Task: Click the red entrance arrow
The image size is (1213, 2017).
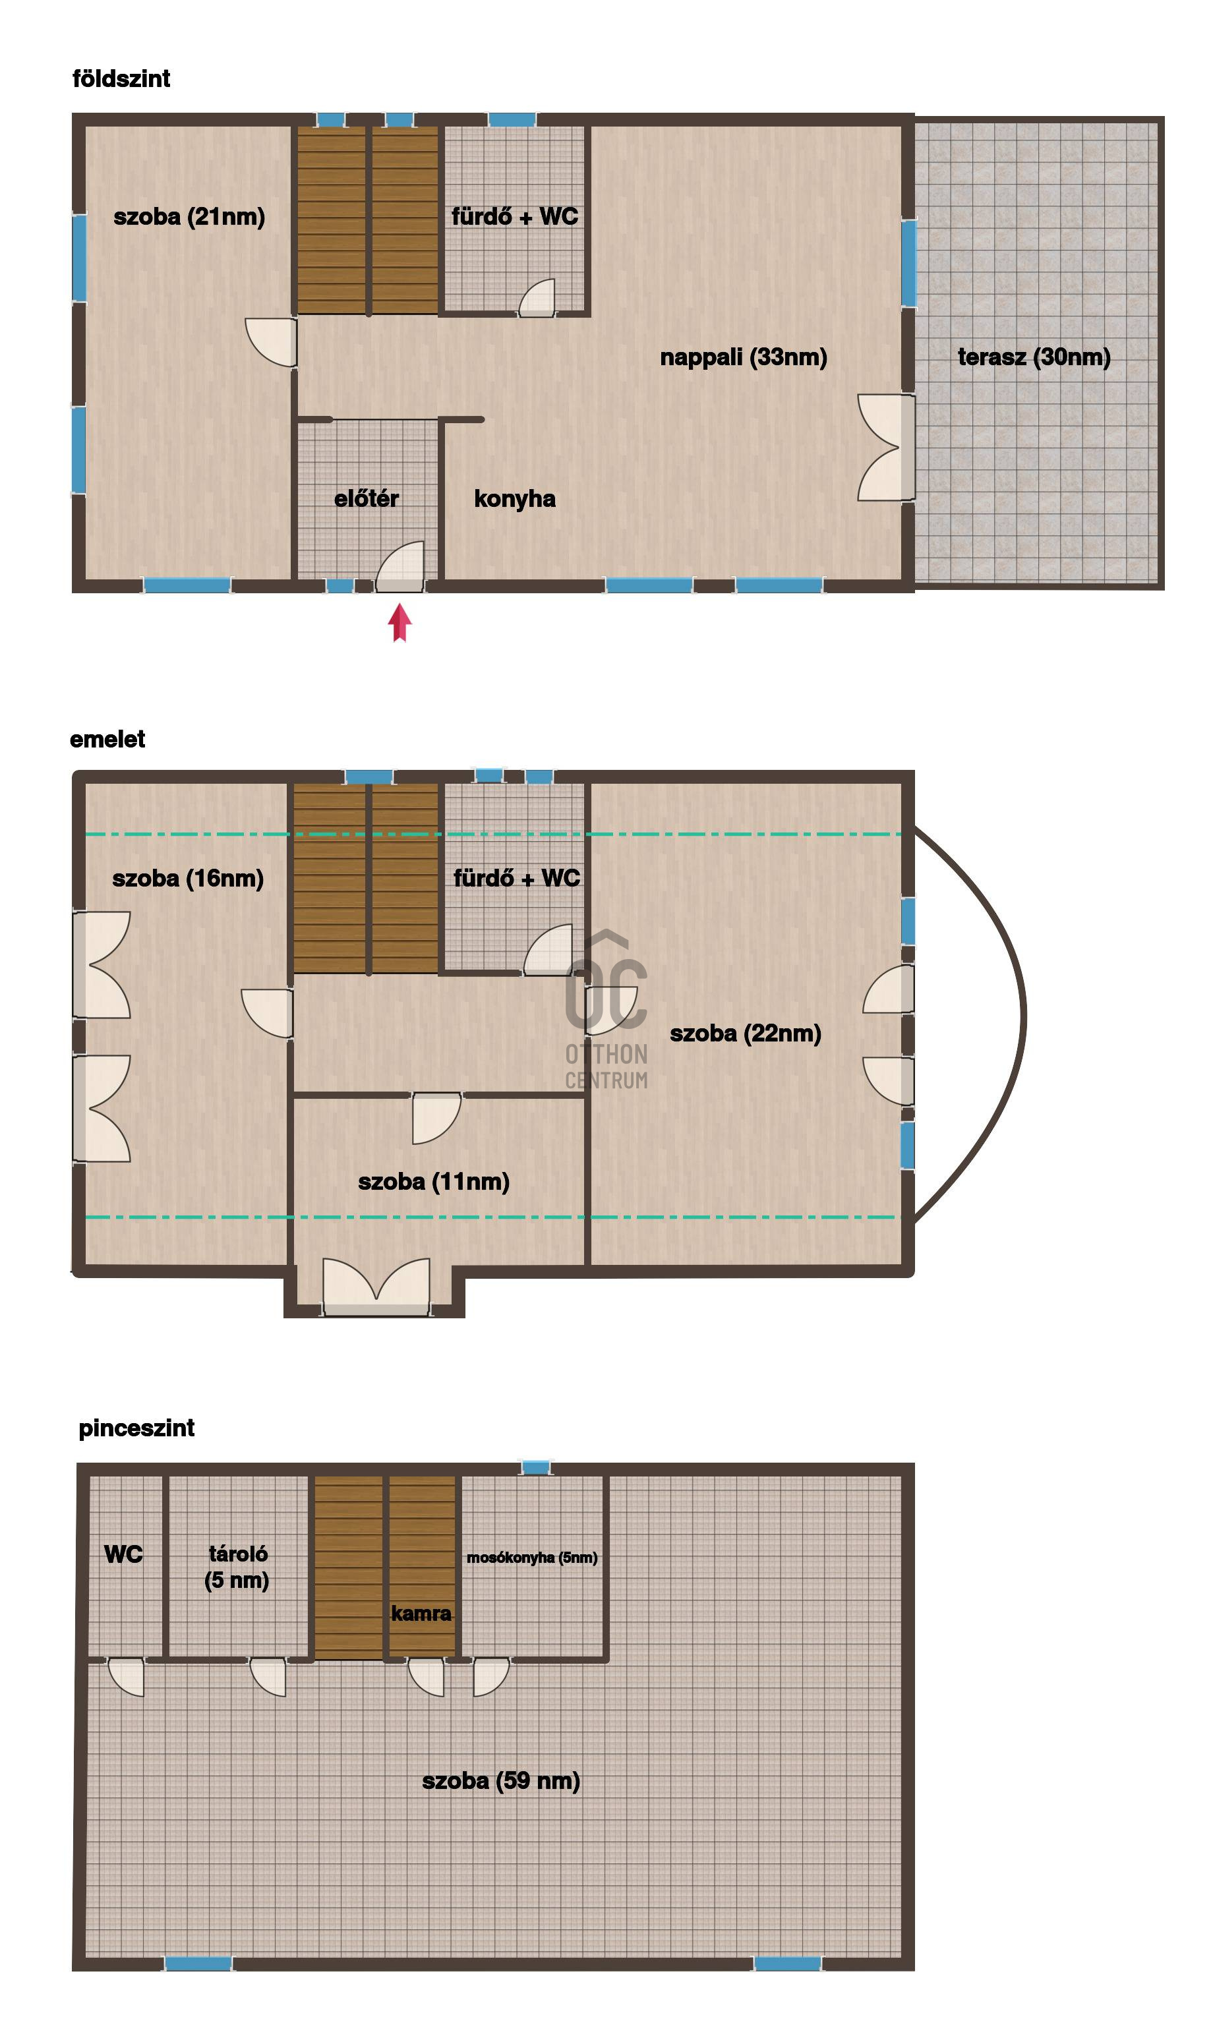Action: click(x=399, y=623)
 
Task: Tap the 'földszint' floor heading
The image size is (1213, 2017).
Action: click(x=121, y=78)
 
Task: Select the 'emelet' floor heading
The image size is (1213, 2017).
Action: click(x=107, y=739)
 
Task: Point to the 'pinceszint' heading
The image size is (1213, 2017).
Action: click(x=136, y=1428)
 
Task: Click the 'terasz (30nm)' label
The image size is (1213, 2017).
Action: click(x=1034, y=357)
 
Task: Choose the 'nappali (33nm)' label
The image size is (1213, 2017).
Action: click(x=744, y=357)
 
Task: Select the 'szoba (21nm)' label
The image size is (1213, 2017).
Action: click(x=190, y=217)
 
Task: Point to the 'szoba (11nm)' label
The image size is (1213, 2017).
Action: click(x=434, y=1181)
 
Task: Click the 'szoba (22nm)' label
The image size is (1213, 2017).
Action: click(x=746, y=1033)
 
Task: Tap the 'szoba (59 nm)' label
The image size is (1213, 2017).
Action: click(x=501, y=1781)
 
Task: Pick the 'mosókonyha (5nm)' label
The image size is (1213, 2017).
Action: click(x=532, y=1558)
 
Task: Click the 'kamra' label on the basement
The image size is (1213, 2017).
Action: click(x=421, y=1614)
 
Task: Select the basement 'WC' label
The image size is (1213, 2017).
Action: click(x=123, y=1554)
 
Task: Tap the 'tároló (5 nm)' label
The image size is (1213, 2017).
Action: click(x=237, y=1567)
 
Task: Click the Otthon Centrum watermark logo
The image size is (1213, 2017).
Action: click(x=606, y=1010)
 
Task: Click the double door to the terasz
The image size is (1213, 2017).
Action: click(x=886, y=448)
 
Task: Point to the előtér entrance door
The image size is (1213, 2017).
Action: click(x=399, y=566)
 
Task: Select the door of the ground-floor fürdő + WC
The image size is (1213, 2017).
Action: click(x=537, y=297)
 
